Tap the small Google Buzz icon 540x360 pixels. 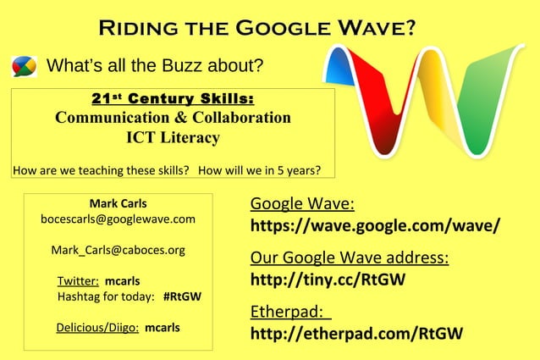pyautogui.click(x=24, y=66)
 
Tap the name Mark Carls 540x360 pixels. pyautogui.click(x=118, y=203)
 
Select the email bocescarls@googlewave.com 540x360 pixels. pyautogui.click(x=118, y=219)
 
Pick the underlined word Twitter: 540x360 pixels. pyautogui.click(x=78, y=280)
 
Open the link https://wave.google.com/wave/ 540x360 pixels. pyautogui.click(x=375, y=227)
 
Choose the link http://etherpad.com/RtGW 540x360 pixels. pyautogui.click(x=356, y=333)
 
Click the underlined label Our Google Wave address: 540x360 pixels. pyautogui.click(x=349, y=258)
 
